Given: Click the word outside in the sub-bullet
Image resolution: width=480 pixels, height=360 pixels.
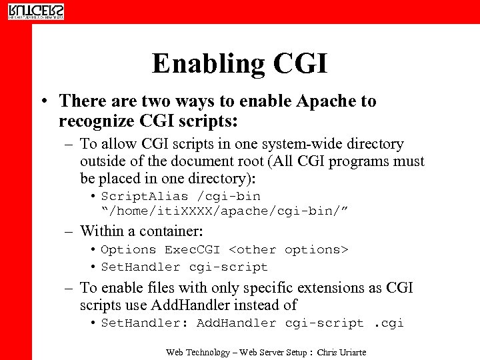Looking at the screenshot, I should pos(102,161).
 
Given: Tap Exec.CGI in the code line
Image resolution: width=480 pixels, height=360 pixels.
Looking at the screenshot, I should pos(192,250).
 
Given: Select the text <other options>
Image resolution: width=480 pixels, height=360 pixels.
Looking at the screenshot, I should pos(288,250).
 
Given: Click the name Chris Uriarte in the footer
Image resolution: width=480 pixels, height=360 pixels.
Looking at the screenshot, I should pos(341,352).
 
